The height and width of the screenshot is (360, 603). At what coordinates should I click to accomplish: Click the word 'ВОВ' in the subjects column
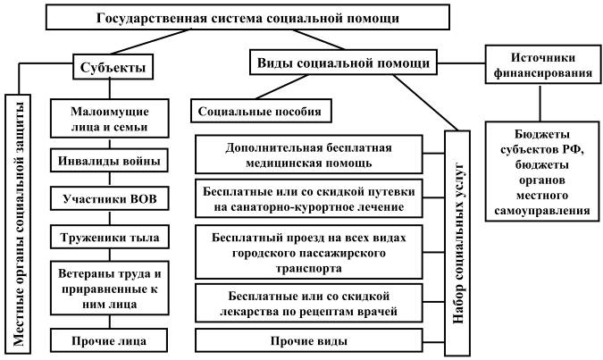point(138,198)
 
